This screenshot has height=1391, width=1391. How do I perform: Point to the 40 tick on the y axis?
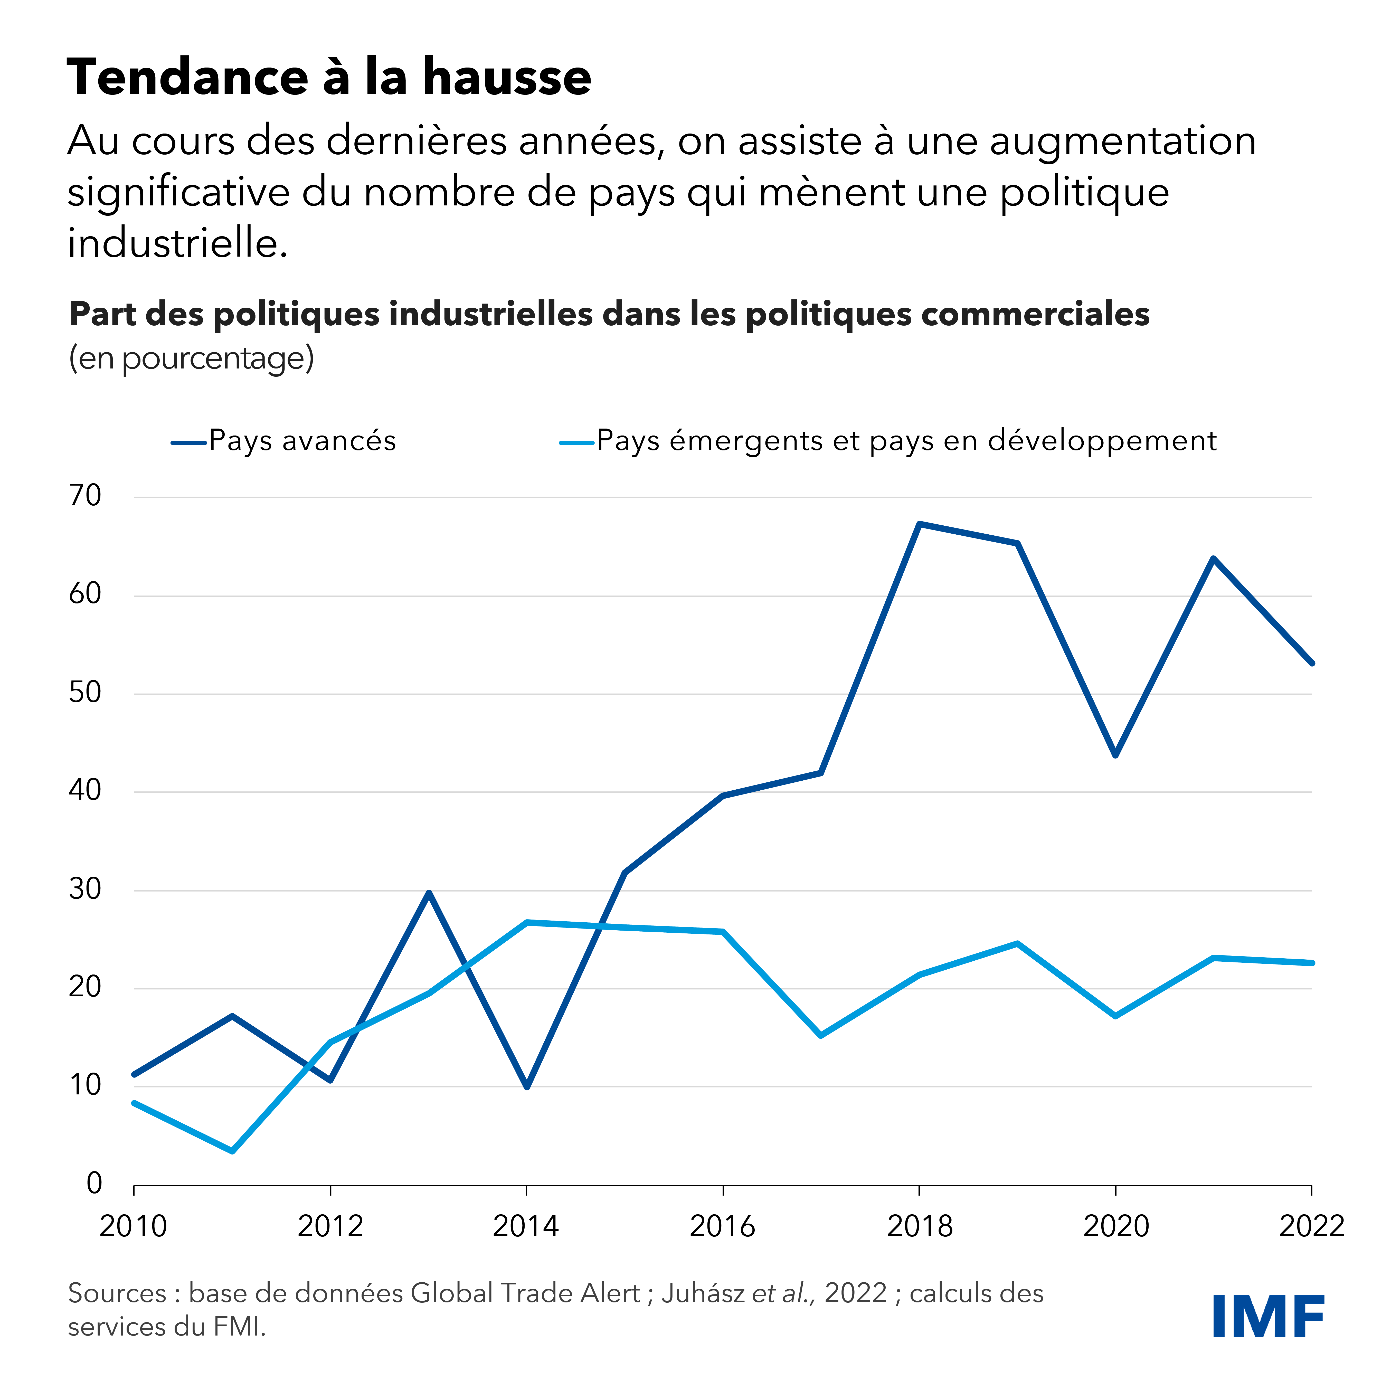coord(85,791)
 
